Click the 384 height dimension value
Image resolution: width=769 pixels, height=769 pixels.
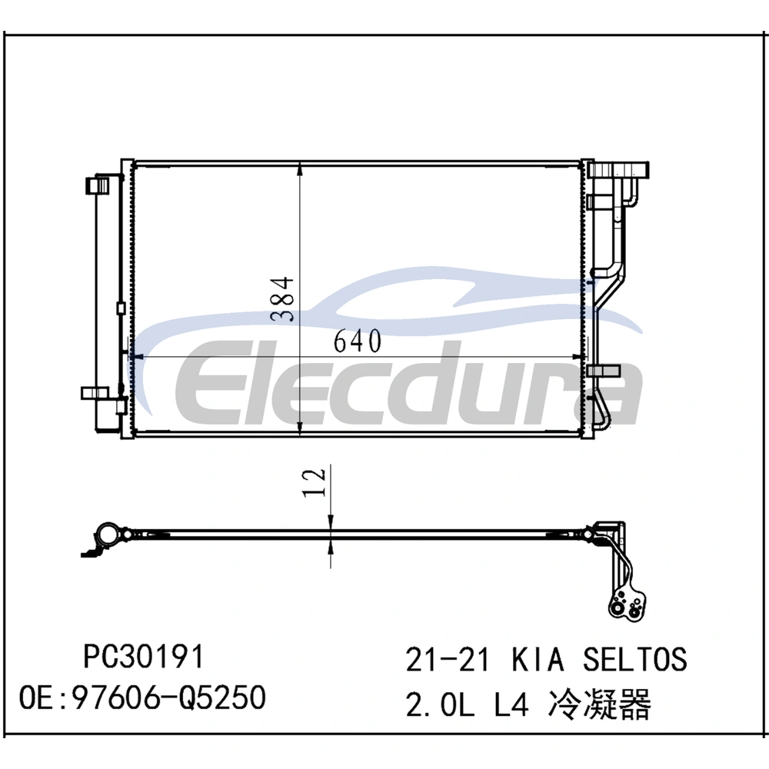282,299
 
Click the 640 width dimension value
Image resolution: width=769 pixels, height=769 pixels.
357,341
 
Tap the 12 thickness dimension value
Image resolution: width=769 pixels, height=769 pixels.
314,483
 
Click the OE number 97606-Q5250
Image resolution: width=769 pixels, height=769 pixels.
169,698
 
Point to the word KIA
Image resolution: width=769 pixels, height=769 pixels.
538,659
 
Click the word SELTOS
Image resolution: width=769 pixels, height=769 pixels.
635,659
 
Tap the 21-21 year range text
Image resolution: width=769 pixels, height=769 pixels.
448,659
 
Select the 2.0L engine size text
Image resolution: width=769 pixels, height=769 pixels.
440,704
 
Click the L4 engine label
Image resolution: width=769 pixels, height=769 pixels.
511,704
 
